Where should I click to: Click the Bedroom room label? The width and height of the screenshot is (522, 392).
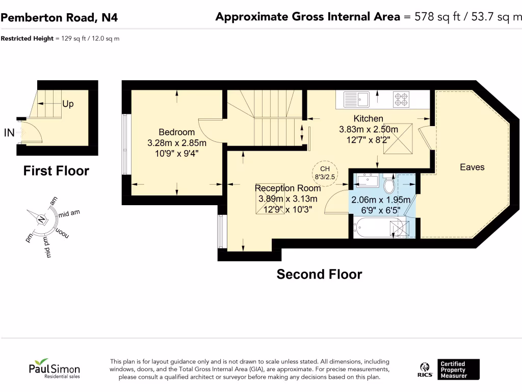point(176,132)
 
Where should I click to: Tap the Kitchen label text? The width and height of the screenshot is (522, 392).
point(368,118)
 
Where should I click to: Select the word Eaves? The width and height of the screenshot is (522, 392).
point(472,167)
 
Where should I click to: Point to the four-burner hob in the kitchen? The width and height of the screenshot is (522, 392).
point(401,100)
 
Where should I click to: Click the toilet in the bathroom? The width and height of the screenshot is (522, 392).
point(389,183)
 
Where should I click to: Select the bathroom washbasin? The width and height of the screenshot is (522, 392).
point(368,180)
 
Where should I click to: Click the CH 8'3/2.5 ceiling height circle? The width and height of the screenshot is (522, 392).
point(325,173)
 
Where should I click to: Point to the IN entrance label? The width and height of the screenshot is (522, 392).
point(9,133)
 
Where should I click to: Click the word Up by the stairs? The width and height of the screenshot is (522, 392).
point(68,104)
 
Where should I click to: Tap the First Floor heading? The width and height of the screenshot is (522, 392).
point(56,170)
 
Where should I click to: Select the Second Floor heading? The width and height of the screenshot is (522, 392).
point(319,274)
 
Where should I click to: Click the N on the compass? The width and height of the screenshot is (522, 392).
point(41,219)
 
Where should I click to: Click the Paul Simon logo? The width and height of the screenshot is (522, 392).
point(54,369)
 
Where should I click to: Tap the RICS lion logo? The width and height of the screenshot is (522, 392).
point(425,370)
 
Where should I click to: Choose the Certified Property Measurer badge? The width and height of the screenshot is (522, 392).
point(458,370)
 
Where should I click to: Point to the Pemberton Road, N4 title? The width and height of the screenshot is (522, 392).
point(59,17)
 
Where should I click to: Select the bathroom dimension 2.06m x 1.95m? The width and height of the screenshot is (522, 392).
point(380,200)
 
